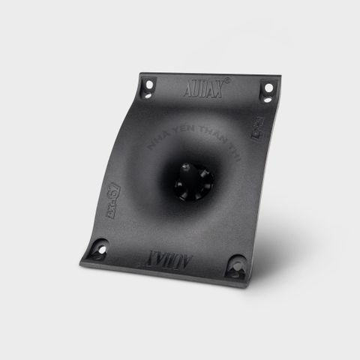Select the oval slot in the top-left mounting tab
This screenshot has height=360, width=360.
pos(147,94)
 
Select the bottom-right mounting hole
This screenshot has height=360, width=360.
pos(238,265)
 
